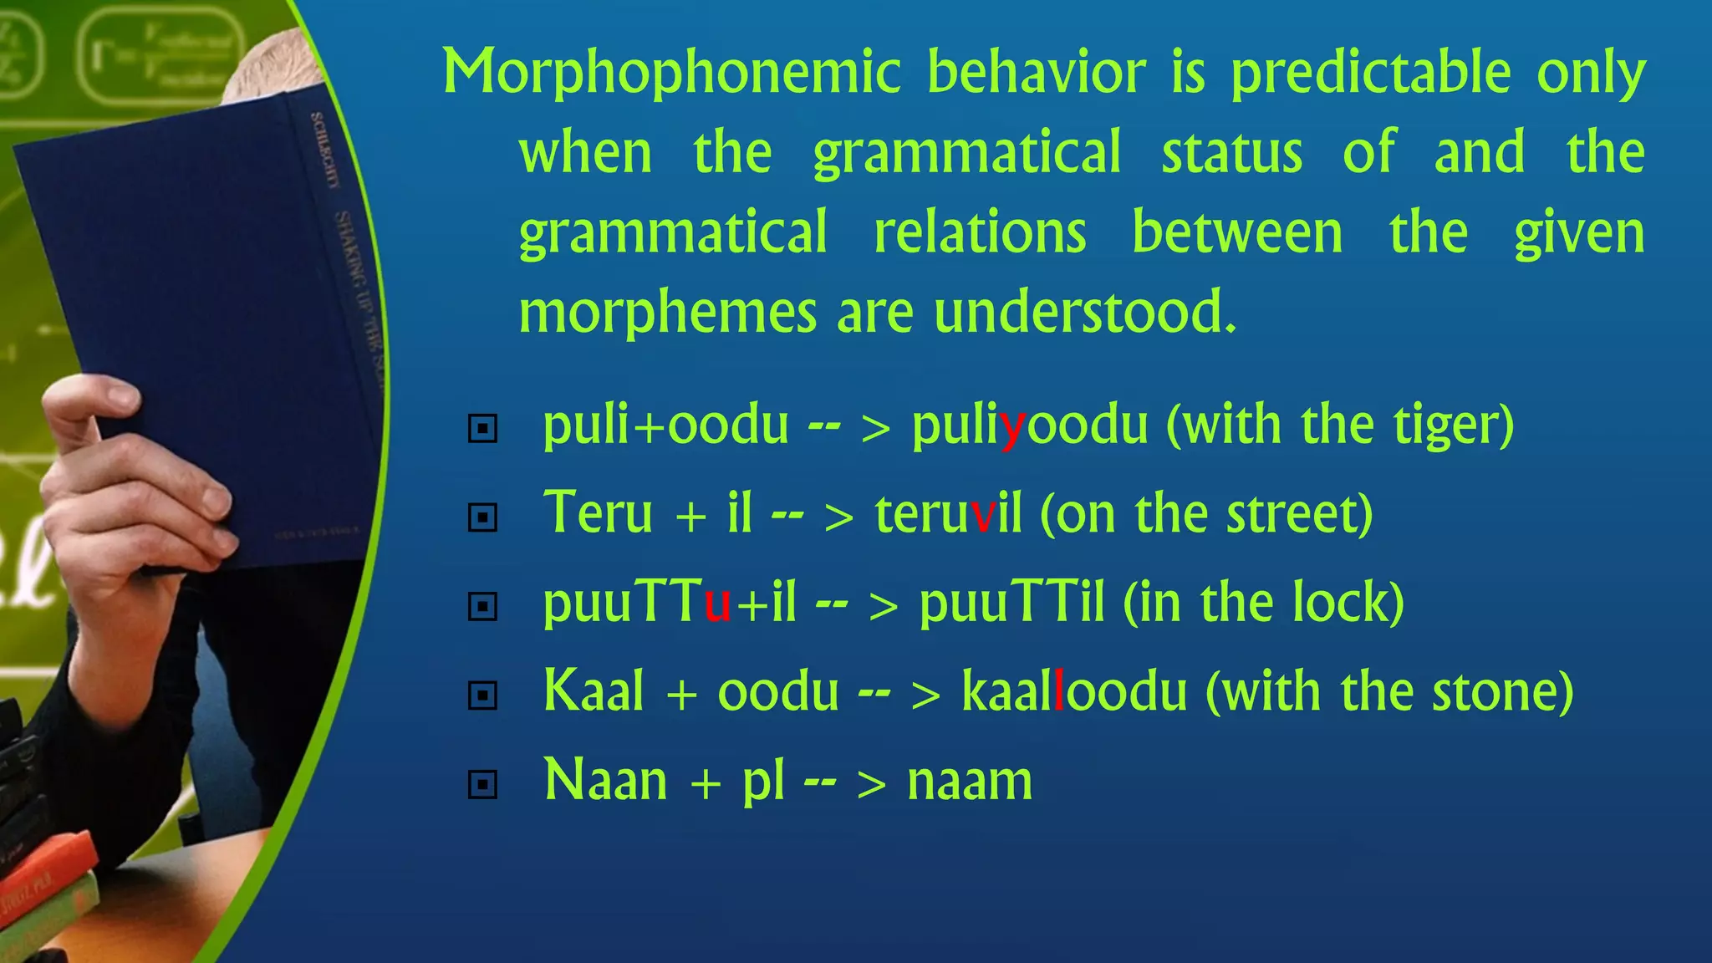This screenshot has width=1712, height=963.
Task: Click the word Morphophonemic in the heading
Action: tap(671, 74)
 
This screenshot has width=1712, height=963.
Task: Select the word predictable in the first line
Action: tap(1370, 74)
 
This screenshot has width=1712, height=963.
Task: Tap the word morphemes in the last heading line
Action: tap(667, 313)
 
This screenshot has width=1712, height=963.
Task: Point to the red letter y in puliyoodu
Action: tap(1012, 427)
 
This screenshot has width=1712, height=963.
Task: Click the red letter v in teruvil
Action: tap(983, 516)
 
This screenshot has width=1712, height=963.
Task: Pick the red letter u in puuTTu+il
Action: tap(717, 604)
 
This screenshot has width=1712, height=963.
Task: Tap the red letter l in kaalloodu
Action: tap(1059, 692)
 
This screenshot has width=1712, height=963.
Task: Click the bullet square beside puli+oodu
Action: tap(482, 429)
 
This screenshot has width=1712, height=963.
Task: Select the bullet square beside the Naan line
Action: tap(482, 784)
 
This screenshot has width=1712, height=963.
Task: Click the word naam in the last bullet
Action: tap(970, 782)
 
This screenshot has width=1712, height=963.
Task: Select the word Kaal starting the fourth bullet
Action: tap(594, 691)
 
